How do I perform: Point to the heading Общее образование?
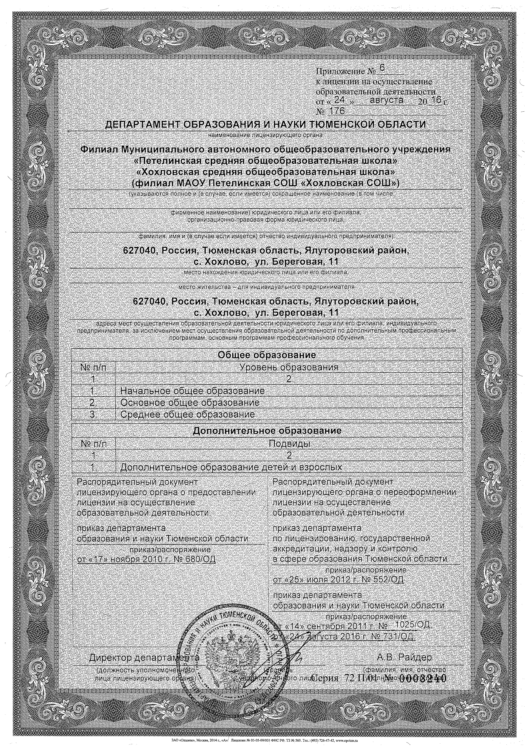(x=267, y=355)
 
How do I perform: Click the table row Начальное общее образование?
(x=192, y=391)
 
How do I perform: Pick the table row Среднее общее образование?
(x=187, y=414)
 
